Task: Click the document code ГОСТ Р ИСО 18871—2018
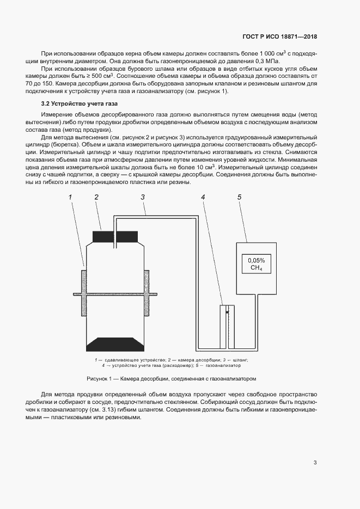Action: coord(279,37)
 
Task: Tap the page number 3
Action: coord(315,463)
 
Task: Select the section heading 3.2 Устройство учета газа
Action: coord(80,103)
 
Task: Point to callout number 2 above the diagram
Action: coord(96,197)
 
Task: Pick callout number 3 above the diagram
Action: coord(143,197)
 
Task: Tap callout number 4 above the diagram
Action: coord(203,197)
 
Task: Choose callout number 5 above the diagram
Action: coord(239,197)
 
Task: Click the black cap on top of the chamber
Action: coord(114,237)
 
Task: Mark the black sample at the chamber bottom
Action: coord(114,344)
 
